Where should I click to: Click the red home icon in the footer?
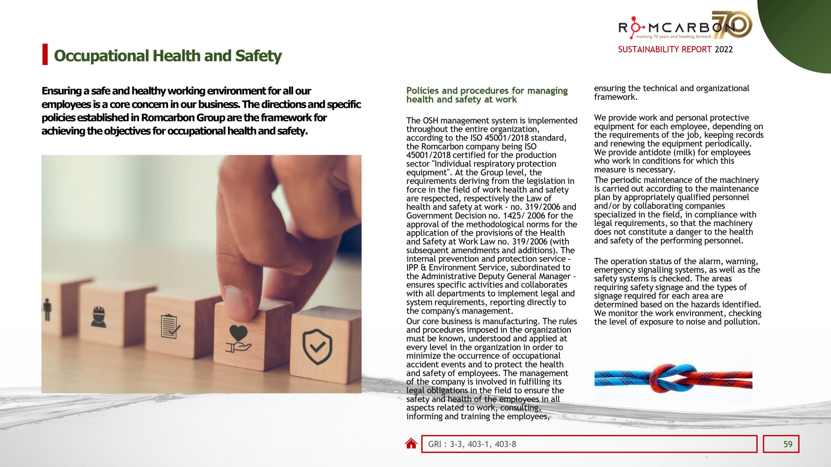tap(411, 443)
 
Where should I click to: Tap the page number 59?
tap(788, 444)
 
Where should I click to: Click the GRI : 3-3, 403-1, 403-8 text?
tap(472, 444)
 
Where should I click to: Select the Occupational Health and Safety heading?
tap(167, 55)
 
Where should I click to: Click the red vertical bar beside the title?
tap(45, 54)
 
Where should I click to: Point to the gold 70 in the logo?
tap(732, 24)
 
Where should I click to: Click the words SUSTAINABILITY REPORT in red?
tap(664, 49)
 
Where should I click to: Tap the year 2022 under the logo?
tap(724, 49)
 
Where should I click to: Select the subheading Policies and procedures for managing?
tap(487, 90)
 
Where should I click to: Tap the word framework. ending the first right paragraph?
tap(615, 97)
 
